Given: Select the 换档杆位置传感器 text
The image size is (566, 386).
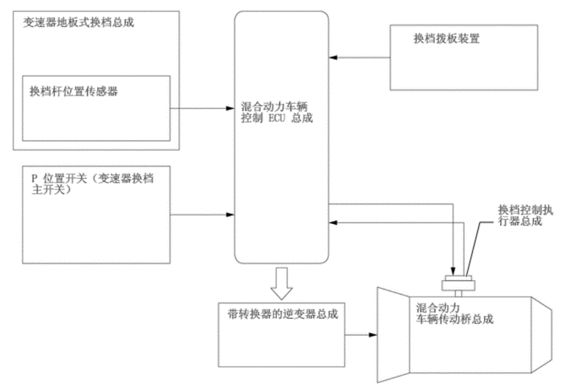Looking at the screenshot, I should coord(73,91).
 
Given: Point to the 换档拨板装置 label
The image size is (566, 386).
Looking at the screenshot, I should coord(446,38).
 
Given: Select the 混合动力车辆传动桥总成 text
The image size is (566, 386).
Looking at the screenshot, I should coord(455,313).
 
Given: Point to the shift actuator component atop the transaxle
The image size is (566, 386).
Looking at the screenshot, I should coord(458,283).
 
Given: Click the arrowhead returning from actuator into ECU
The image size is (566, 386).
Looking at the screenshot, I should coord(334,221).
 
